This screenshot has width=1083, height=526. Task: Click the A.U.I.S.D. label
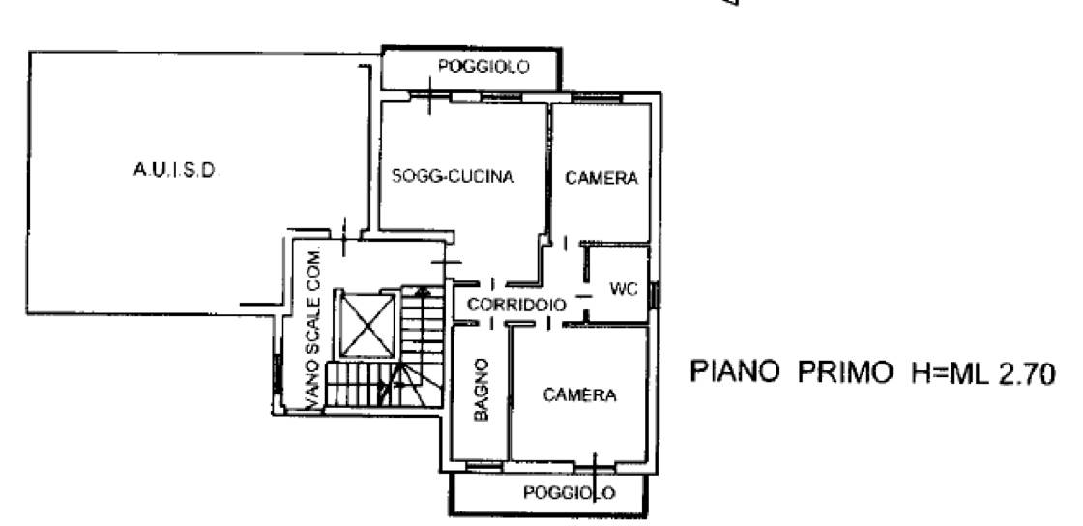[175, 170]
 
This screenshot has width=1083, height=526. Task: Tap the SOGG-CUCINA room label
[454, 176]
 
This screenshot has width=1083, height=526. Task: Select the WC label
[624, 288]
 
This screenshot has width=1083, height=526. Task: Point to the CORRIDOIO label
[517, 305]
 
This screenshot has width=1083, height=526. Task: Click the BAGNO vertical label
[482, 390]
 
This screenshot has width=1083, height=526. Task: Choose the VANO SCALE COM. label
[313, 329]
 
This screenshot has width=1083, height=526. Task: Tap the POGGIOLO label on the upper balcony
[483, 67]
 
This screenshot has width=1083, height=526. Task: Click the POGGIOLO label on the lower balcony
[569, 493]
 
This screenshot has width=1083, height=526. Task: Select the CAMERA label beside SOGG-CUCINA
[601, 178]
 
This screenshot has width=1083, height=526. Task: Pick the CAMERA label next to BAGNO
[579, 394]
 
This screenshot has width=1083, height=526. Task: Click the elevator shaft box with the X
[366, 324]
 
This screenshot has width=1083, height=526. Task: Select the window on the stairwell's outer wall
[277, 373]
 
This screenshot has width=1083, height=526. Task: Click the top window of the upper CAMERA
[597, 98]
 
